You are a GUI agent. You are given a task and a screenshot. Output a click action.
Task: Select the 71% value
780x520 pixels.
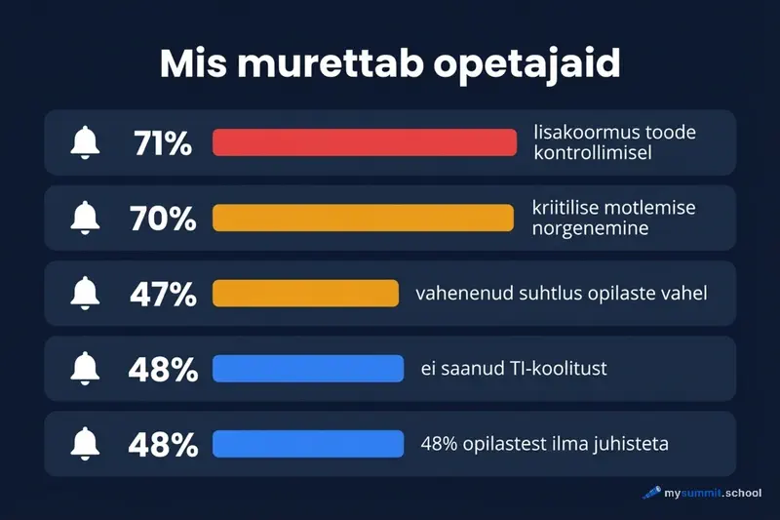tap(163, 142)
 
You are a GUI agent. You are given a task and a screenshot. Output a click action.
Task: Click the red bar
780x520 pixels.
tap(364, 142)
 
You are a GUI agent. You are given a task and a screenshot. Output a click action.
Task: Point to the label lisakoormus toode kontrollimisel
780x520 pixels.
tap(614, 142)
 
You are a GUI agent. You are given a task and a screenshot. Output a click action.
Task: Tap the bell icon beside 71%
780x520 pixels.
tap(85, 142)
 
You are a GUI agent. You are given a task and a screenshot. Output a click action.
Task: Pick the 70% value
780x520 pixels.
tap(163, 218)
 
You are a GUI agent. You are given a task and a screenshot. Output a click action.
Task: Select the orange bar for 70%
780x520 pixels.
tap(363, 218)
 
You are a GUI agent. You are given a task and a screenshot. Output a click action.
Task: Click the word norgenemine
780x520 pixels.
tap(591, 228)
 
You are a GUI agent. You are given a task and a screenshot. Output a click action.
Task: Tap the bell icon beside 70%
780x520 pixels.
tap(85, 218)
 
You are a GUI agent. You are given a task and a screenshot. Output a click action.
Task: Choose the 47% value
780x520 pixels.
tap(163, 293)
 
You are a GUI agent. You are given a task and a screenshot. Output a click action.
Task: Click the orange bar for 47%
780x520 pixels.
tap(306, 293)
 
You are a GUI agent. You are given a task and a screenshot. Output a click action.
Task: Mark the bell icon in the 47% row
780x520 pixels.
tap(85, 293)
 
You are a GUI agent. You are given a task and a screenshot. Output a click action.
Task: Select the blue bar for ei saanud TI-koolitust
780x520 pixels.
tap(308, 369)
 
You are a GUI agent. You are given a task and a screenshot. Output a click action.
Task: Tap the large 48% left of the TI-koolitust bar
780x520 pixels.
tap(163, 369)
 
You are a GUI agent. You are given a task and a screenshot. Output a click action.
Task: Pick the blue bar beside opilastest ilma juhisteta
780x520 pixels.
tap(308, 444)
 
